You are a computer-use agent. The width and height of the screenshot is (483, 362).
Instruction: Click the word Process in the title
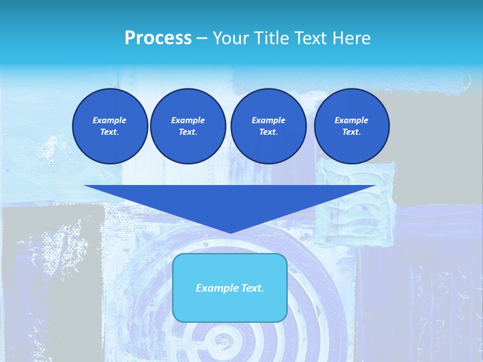(x=158, y=38)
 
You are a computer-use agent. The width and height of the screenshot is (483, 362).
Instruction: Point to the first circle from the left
(x=110, y=126)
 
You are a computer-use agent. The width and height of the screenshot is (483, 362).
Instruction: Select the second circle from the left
(x=188, y=126)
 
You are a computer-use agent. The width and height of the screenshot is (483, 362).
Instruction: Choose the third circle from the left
(x=269, y=126)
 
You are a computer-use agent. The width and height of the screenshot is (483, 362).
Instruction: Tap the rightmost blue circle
(x=352, y=126)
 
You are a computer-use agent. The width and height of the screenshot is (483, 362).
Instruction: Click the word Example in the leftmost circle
(x=110, y=120)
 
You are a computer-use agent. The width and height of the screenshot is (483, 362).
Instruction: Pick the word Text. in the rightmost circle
(x=352, y=132)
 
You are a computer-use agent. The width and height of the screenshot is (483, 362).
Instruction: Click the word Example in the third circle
(x=269, y=120)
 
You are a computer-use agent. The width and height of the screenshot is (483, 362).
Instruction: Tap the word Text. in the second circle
(x=188, y=132)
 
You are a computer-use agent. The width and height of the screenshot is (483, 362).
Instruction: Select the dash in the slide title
(x=202, y=38)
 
